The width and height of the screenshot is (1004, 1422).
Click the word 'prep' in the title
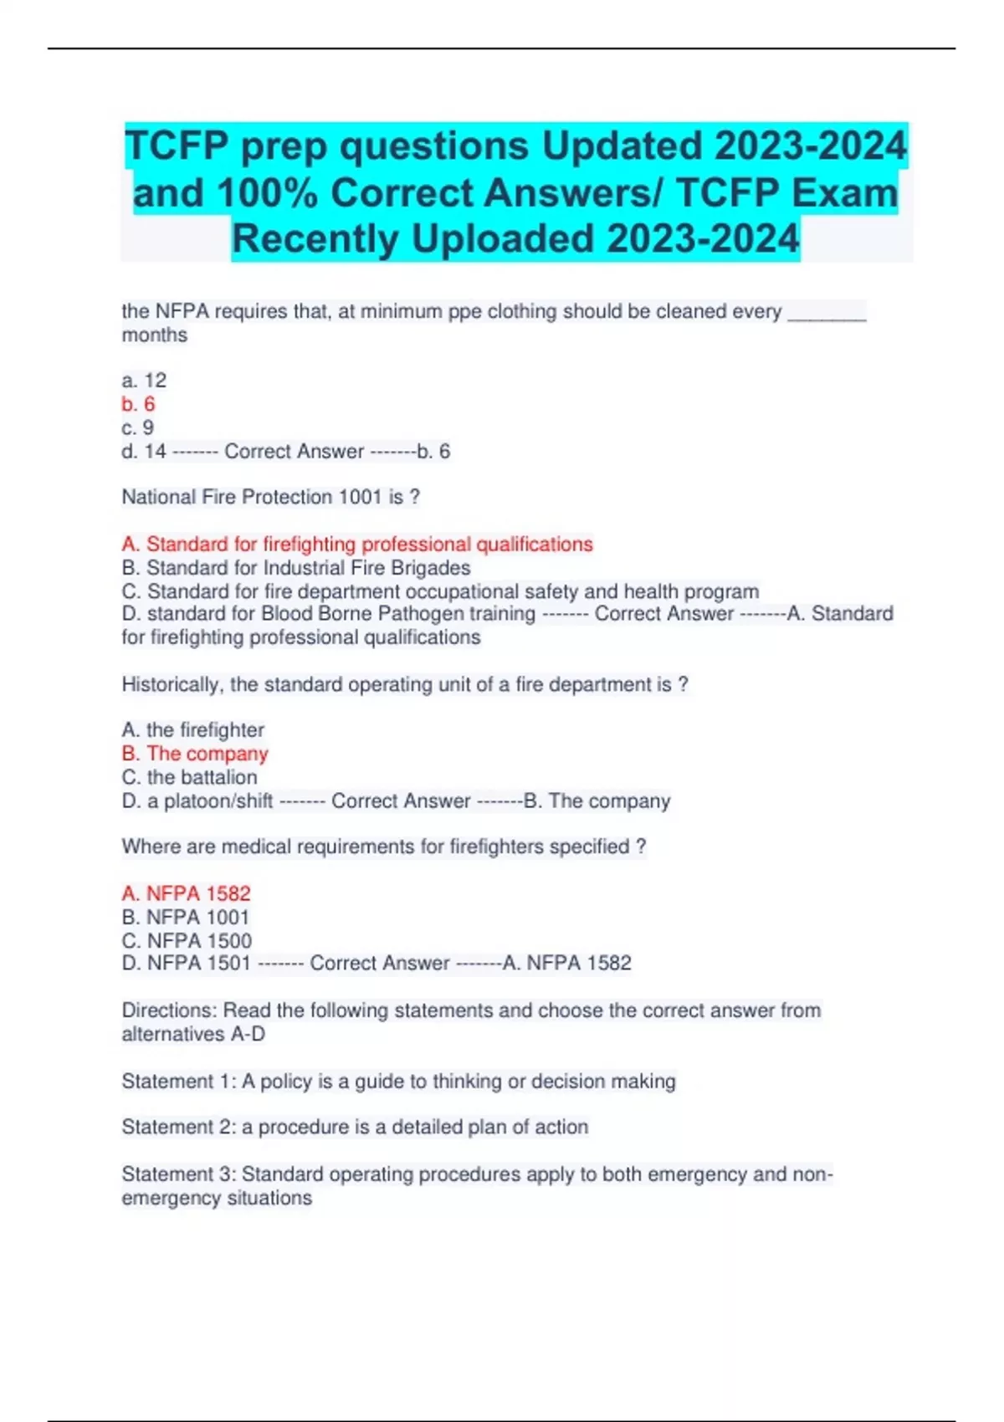tap(284, 146)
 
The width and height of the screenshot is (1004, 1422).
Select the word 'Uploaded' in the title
tap(503, 239)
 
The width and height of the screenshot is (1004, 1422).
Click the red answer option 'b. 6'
tap(139, 404)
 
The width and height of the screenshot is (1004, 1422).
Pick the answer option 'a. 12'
tap(144, 381)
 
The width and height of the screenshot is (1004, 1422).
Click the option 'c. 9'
tap(138, 427)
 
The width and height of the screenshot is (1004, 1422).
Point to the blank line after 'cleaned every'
tap(827, 313)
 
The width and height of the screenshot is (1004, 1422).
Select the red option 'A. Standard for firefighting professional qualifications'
tap(357, 545)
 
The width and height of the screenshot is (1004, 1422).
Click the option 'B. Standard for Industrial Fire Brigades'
tap(296, 568)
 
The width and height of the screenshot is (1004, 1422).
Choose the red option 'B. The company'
tap(195, 754)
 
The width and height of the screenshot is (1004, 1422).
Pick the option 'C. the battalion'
tap(190, 777)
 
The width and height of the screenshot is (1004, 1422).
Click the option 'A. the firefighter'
tap(193, 730)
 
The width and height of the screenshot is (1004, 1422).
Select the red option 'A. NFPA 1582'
tap(187, 893)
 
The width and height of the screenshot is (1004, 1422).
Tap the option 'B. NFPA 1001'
tap(186, 917)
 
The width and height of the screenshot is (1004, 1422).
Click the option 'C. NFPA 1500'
tap(187, 940)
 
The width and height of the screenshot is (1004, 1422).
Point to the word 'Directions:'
tap(170, 1010)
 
